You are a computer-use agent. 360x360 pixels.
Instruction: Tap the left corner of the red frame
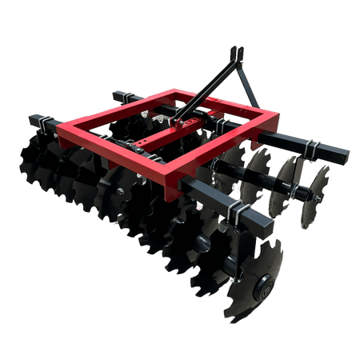pos(58,126)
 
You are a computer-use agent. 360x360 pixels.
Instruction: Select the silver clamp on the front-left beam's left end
pos(48,122)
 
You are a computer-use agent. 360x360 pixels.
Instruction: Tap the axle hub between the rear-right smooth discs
pos(298,192)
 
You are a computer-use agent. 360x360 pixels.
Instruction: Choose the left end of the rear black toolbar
pos(118,96)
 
